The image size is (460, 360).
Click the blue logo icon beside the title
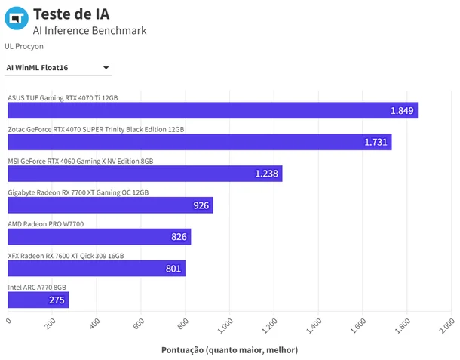point(17,18)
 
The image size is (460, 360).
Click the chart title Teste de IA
point(72,14)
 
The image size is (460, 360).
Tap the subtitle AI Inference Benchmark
point(90,30)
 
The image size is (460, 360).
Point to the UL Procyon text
point(24,46)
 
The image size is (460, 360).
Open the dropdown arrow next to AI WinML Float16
point(106,68)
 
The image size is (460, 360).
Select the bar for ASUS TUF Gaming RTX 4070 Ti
point(213,110)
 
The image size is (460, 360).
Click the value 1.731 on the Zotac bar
point(376,142)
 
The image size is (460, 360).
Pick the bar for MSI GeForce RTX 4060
point(145,174)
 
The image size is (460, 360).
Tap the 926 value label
point(201,205)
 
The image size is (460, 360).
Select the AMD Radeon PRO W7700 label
point(46,224)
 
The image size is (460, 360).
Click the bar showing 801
point(97,269)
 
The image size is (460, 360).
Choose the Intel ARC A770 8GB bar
point(38,300)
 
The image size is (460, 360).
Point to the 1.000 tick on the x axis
point(225,325)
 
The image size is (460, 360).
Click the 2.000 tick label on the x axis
point(446,325)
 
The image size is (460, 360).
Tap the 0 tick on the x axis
point(8,321)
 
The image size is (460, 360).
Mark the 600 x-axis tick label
point(139,324)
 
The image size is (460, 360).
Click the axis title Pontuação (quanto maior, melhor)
point(230,350)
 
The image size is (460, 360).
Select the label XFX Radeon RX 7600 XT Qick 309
point(66,256)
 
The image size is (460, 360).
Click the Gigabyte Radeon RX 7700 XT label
point(78,192)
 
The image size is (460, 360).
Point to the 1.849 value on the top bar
point(402,111)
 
